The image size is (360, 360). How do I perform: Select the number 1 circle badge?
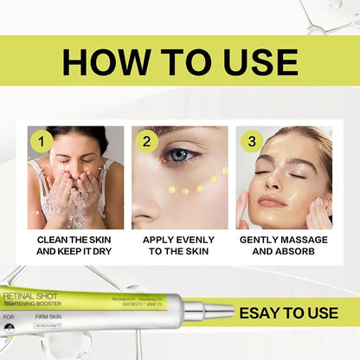(41, 140)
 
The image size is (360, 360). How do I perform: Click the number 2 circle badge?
(148, 140)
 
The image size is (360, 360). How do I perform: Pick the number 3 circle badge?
(252, 140)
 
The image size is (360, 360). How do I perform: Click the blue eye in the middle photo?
(180, 157)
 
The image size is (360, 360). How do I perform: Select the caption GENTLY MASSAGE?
(284, 238)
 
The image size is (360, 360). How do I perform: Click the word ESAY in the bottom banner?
(266, 312)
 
